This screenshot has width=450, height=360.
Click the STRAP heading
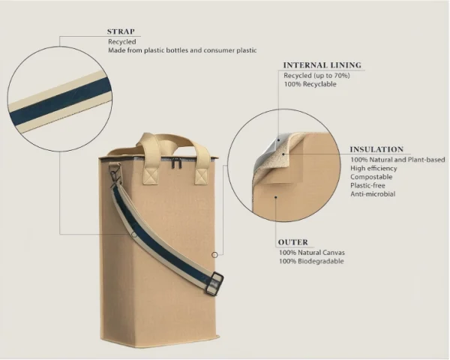pos(121,31)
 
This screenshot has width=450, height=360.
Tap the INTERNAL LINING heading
pos(322,65)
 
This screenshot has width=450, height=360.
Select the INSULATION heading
pos(376,149)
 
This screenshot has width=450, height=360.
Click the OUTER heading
pos(293,242)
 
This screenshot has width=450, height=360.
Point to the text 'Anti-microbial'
pos(373,194)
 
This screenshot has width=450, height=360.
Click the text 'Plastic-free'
pos(367,185)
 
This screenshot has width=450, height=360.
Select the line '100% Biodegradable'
pos(311,261)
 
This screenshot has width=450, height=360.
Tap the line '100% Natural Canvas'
pos(312,253)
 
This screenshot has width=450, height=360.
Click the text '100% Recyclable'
pos(310,84)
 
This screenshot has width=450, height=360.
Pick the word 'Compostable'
pos(371,177)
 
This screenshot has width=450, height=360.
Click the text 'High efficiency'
pos(373,169)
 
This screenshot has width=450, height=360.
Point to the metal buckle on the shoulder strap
pos(214,284)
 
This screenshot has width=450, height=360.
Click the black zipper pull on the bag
pos(177,164)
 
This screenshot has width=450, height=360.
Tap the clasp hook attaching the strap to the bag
pos(115,172)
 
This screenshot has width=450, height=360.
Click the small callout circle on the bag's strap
pos(134,235)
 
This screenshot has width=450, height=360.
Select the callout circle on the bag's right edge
pos(214,255)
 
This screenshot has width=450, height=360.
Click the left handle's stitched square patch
pos(151,175)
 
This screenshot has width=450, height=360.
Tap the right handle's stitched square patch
pos(202,176)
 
